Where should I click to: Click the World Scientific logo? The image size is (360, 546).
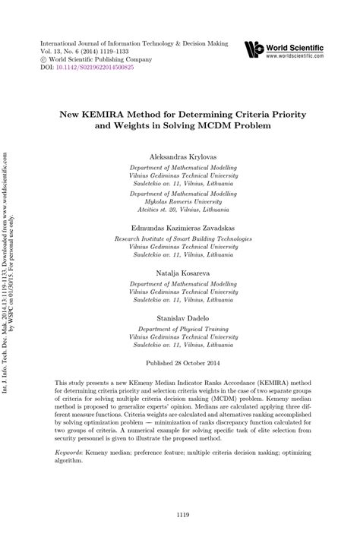pos(254,50)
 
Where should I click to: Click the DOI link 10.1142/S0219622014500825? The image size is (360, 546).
pos(93,67)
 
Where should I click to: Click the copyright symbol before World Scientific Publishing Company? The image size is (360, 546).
pos(43,58)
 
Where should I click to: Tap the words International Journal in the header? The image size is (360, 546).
pos(69,43)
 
